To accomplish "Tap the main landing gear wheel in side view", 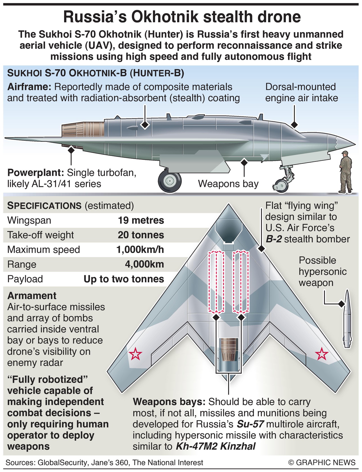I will point(169,181).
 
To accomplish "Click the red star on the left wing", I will point(135,354).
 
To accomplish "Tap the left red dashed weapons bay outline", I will point(216,282).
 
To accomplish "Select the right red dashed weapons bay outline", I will point(241,282).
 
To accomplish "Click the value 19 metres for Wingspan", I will point(141,220).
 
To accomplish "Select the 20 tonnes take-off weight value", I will point(141,235).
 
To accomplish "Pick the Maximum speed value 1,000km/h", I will point(140,250).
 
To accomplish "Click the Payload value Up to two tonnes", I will point(124,279).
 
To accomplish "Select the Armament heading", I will point(32,296).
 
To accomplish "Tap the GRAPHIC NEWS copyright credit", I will point(322,462).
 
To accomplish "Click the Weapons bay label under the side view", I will point(228,184).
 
